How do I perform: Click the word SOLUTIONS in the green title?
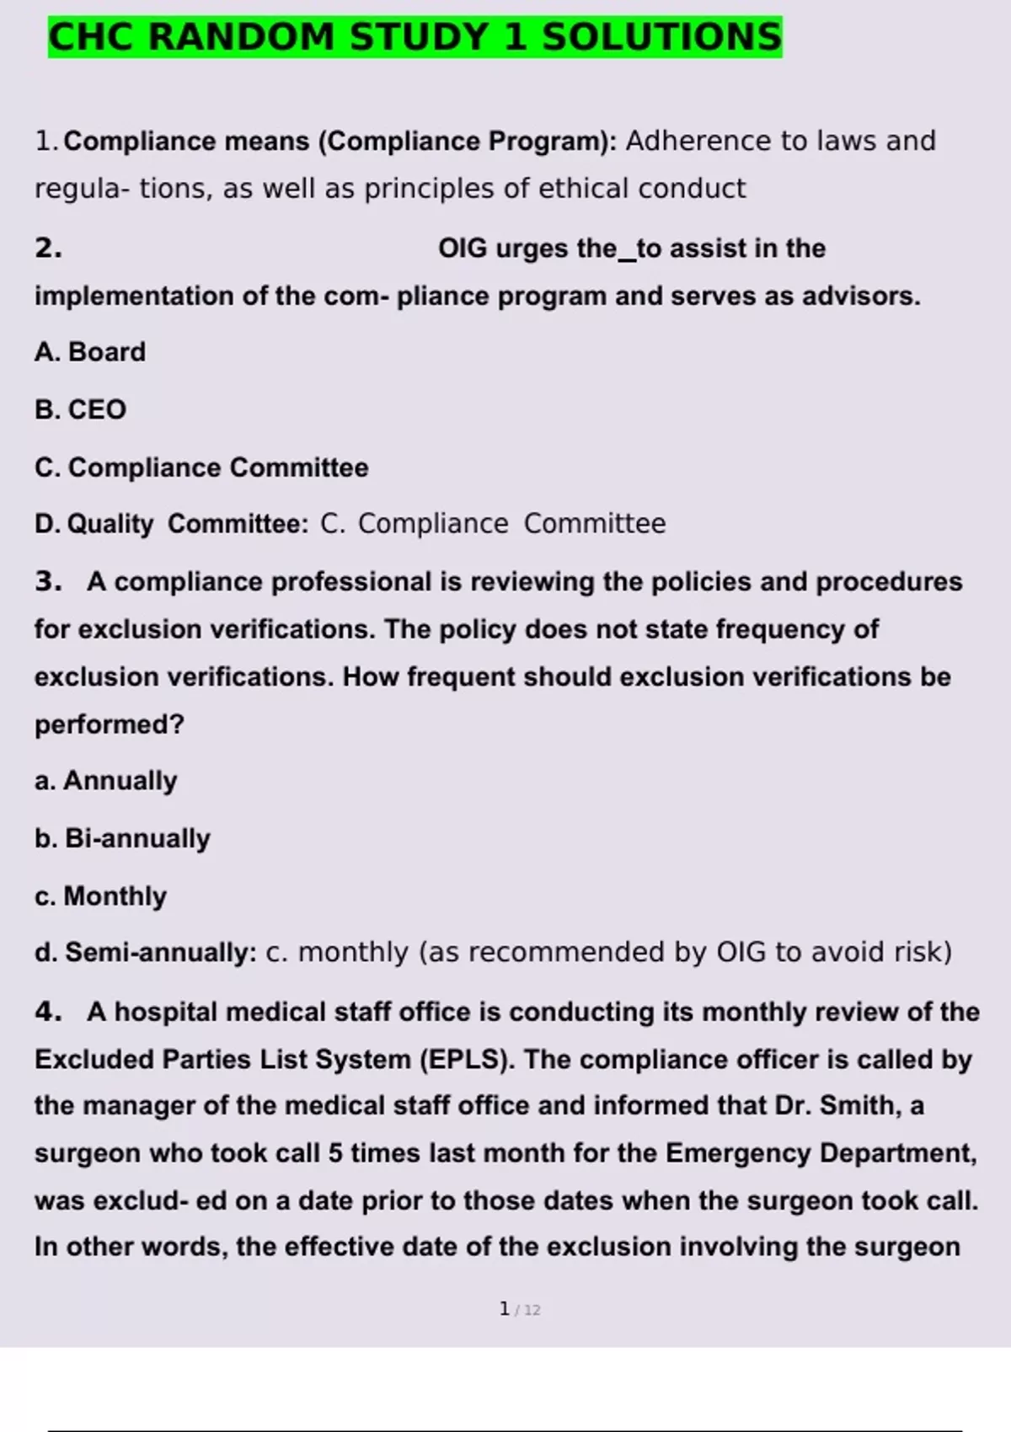click(661, 38)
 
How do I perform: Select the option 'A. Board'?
click(90, 352)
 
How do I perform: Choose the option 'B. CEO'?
click(81, 409)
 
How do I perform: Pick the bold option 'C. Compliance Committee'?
click(201, 468)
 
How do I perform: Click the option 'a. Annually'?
click(106, 781)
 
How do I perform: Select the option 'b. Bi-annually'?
click(123, 838)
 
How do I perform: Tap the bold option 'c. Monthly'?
click(101, 896)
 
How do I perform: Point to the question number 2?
click(48, 248)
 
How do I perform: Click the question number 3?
click(48, 582)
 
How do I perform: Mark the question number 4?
click(48, 1012)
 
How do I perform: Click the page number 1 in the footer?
click(505, 1309)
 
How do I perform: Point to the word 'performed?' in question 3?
click(110, 724)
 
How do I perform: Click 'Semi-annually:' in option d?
click(161, 953)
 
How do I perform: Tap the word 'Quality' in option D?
click(110, 524)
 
